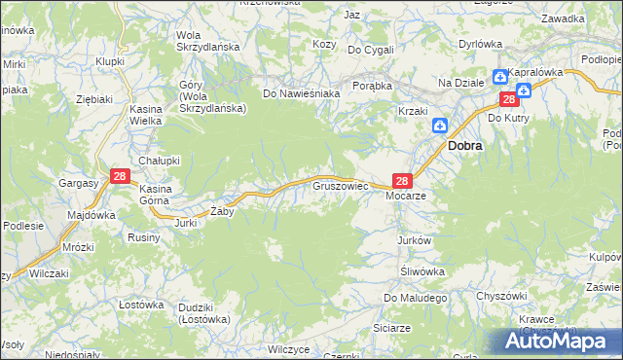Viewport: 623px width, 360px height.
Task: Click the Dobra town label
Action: coord(467,145)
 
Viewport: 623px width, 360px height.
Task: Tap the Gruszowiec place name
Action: coord(339,184)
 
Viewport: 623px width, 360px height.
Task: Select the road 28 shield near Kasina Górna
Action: coord(119,175)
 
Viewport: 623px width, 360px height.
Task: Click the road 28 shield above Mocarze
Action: coord(403,180)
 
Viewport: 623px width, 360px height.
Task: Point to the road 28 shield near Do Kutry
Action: coord(508,99)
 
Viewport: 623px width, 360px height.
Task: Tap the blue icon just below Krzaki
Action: coord(439,126)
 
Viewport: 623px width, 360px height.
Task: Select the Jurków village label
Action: coord(414,239)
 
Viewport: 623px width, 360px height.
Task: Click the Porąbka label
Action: coord(372,85)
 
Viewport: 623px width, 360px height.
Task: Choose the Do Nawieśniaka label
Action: coord(301,94)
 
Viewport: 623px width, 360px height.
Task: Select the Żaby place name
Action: coord(222,210)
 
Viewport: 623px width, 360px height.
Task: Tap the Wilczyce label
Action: coord(288,348)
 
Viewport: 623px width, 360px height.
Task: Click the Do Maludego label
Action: coord(414,298)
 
